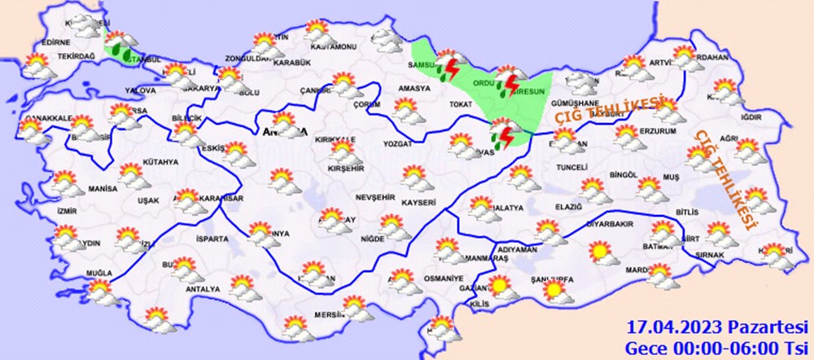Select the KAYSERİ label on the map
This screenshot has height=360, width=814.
pyautogui.click(x=418, y=201)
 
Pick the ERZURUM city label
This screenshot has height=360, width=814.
pyautogui.click(x=659, y=131)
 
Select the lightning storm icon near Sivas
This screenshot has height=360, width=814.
pyautogui.click(x=503, y=133)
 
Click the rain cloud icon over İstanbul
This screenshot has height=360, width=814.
pyautogui.click(x=120, y=46)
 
